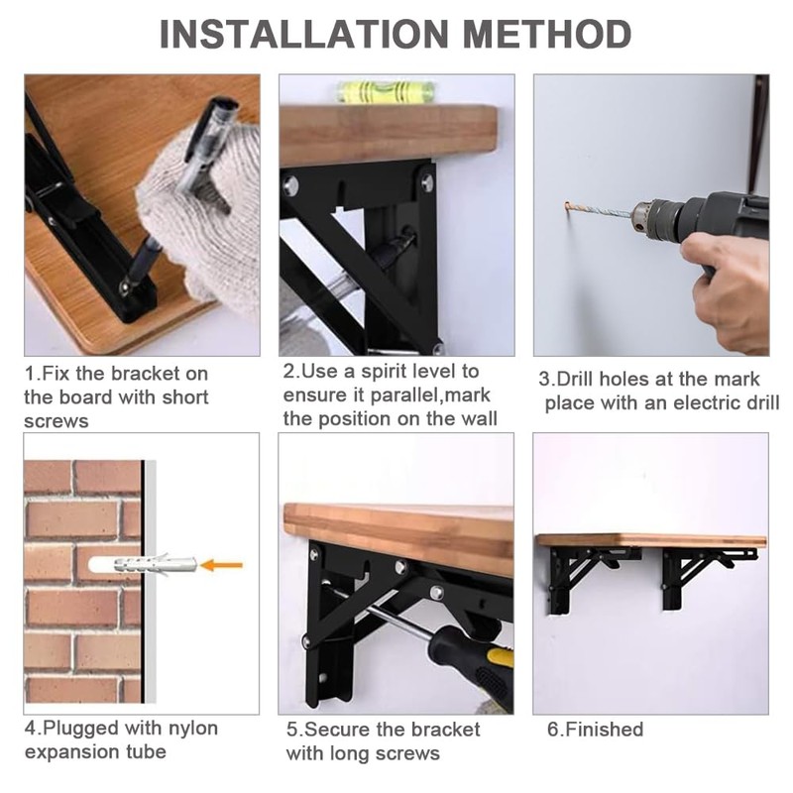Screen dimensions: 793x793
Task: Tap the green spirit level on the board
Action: (385, 92)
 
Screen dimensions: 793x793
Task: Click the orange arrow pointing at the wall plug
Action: (221, 565)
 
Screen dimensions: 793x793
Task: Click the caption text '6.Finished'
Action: (595, 730)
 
